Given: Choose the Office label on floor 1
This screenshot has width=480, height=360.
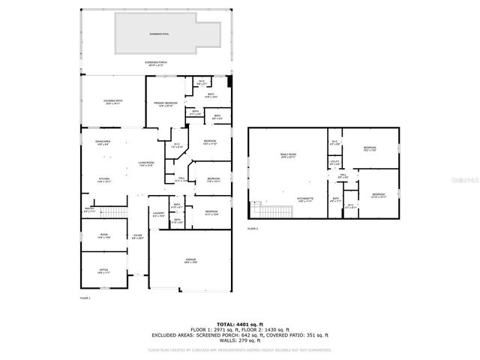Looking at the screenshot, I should tap(103, 271).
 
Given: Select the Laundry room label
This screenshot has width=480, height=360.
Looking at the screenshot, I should tap(158, 214).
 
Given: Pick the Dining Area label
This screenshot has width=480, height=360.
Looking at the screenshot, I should tap(103, 144).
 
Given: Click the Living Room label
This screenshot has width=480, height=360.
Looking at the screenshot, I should tap(145, 163).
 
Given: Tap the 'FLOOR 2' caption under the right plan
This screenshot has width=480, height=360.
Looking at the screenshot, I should tap(252, 228).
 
